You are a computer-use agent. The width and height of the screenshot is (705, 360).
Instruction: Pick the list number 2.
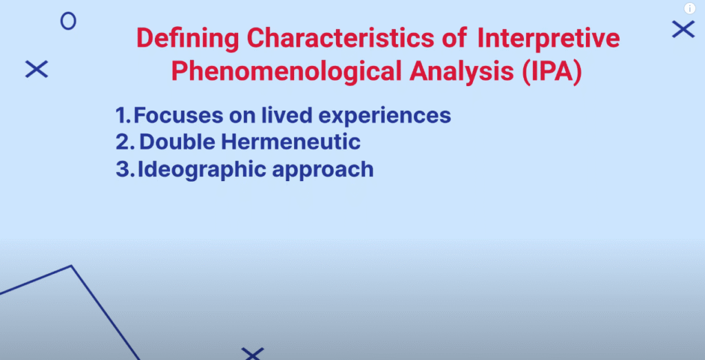125,142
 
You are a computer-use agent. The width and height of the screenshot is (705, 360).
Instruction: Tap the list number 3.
124,169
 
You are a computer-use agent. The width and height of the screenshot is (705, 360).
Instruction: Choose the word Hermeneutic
290,142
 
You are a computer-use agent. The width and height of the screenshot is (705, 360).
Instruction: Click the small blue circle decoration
68,14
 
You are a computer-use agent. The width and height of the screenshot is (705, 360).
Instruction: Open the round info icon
690,8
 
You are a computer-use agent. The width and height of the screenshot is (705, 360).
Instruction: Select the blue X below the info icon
684,29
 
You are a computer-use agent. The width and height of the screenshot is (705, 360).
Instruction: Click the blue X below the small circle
36,70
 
